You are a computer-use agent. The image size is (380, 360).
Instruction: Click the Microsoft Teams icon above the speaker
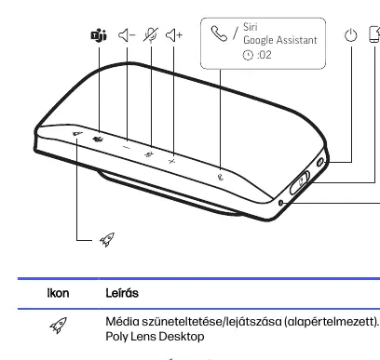point(99,35)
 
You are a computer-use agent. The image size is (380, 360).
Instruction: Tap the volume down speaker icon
point(127,35)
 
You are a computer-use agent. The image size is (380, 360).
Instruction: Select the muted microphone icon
point(151,34)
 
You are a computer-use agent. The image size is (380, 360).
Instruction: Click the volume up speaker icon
point(174,35)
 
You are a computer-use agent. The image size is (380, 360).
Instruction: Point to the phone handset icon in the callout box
point(219,33)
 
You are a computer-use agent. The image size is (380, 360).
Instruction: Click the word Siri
point(251,27)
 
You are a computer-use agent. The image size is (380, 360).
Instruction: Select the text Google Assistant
point(280,40)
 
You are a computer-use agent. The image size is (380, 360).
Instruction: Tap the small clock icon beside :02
point(248,55)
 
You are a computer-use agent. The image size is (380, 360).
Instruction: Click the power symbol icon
point(351,35)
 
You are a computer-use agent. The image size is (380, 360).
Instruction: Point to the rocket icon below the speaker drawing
point(107,239)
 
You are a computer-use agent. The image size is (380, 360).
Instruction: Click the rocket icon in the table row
point(59,325)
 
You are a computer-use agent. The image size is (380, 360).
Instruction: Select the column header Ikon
point(58,293)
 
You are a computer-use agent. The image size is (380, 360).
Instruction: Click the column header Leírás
point(122,293)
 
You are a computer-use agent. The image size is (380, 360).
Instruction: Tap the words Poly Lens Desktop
point(155,337)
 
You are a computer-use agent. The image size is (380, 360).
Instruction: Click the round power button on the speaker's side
point(320,162)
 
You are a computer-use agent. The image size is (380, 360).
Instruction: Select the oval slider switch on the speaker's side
point(300,182)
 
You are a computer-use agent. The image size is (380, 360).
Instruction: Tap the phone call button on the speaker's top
point(220,177)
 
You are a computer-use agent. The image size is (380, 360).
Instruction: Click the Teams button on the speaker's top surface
point(98,140)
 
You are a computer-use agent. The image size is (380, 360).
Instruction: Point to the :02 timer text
point(265,55)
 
